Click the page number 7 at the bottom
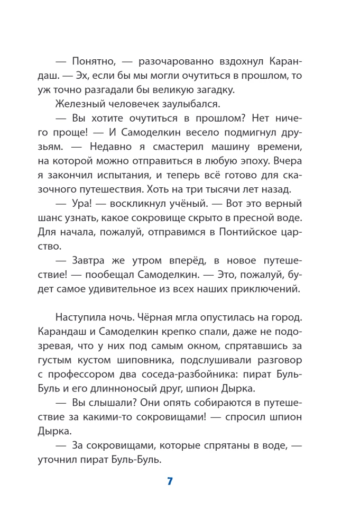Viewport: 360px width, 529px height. tap(170, 481)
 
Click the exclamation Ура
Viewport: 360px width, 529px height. tap(84, 204)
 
